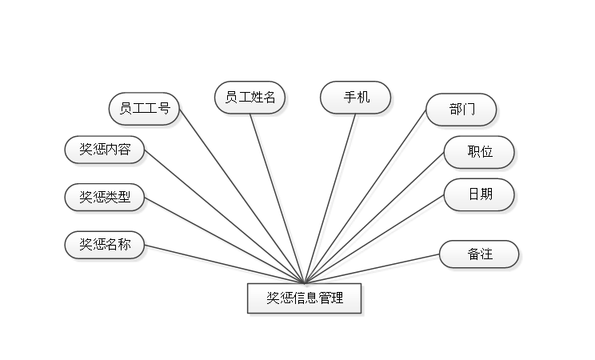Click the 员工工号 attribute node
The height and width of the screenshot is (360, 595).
[x=145, y=108]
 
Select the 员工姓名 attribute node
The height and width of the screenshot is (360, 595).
[x=250, y=98]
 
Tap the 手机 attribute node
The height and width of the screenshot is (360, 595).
[x=356, y=98]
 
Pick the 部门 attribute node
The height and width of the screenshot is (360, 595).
[x=461, y=110]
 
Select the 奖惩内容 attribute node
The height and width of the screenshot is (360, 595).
[x=105, y=150]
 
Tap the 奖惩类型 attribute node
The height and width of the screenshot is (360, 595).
[x=105, y=197]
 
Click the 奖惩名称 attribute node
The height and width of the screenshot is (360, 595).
[x=105, y=245]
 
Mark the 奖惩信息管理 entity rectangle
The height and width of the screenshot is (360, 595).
[x=305, y=298]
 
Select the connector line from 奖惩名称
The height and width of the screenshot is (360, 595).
[x=224, y=264]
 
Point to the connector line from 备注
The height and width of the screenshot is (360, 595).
[x=376, y=269]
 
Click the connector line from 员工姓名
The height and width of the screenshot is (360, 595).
[x=278, y=196]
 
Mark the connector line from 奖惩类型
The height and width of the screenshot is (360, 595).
[x=224, y=239]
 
